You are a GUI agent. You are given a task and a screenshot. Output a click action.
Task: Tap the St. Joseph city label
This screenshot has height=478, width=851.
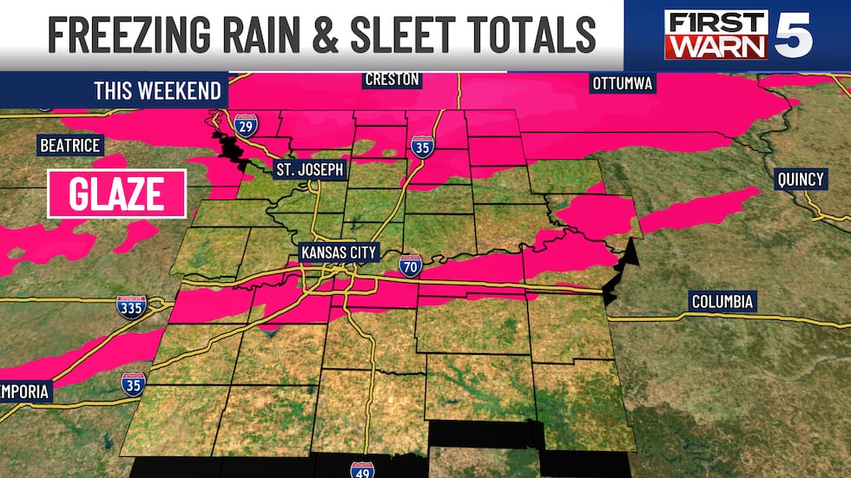(309, 169)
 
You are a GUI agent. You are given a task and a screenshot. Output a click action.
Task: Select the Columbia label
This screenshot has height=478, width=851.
(722, 302)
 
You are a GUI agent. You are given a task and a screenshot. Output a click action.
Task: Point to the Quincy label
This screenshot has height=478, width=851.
(801, 180)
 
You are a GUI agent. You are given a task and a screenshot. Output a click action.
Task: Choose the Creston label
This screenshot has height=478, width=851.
(392, 80)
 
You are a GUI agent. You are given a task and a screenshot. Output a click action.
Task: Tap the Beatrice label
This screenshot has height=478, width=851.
(69, 145)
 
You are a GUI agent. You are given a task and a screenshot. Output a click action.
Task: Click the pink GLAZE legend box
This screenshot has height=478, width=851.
(116, 193)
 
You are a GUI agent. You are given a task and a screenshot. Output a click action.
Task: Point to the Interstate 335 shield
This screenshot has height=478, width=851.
(132, 307)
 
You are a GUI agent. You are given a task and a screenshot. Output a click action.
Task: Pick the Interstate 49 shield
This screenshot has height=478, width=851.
(362, 469)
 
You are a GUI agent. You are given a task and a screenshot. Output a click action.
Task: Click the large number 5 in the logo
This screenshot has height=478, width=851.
(793, 36)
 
